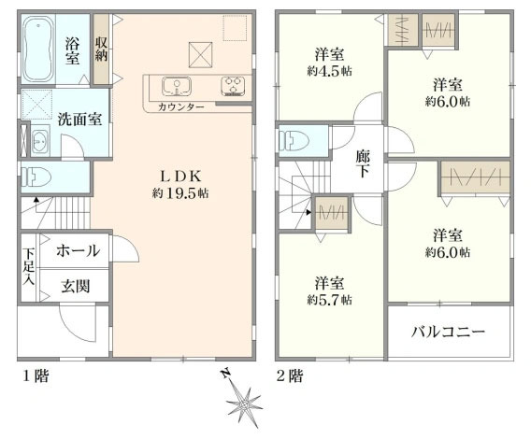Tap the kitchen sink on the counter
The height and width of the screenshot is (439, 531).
[176, 86]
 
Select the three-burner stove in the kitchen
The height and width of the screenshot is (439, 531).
[233, 86]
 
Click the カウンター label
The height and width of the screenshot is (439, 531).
[181, 107]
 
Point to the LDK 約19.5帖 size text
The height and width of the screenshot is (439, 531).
[180, 193]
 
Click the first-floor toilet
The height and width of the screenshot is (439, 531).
[36, 177]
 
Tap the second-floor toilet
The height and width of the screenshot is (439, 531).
[294, 141]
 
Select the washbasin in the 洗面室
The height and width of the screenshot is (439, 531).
[40, 141]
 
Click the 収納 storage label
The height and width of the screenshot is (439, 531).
[101, 50]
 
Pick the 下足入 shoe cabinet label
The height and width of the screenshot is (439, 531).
[29, 266]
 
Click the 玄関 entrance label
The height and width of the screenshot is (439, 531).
[76, 287]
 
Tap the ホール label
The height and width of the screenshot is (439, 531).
[79, 251]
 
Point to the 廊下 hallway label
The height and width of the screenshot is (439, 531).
[363, 163]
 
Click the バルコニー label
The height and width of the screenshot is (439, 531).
[449, 332]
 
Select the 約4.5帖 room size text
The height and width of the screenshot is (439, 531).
[329, 71]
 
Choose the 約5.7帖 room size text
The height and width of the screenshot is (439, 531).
[329, 300]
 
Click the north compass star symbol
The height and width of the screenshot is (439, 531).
[243, 403]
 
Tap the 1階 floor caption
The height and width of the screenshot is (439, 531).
[36, 376]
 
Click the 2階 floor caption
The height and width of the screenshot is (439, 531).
[290, 376]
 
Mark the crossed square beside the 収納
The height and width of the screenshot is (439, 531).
[200, 55]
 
